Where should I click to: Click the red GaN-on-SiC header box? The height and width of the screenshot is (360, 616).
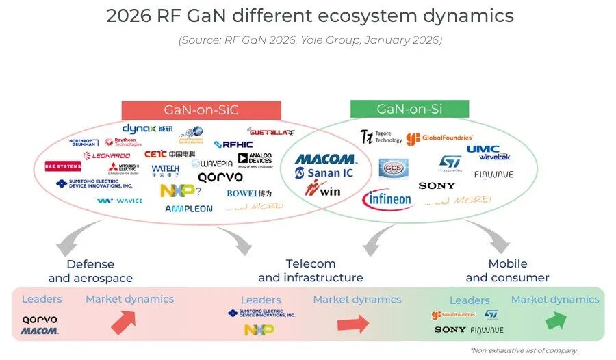pos(201,110)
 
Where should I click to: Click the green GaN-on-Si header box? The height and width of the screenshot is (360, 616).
pos(409,109)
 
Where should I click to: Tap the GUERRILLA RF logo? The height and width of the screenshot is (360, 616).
pos(272,131)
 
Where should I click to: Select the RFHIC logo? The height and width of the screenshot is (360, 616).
pos(233,144)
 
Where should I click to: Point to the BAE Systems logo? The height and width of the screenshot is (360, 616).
pos(63,166)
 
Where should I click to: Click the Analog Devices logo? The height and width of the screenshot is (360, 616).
pos(255,159)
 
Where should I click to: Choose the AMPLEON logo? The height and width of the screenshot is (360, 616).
pos(189,209)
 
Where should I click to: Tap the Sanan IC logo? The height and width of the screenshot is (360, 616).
pos(324,173)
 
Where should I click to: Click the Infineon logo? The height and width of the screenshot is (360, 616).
pos(387,200)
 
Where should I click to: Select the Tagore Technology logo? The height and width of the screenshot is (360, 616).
pos(381,137)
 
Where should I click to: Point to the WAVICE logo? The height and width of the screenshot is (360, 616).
pos(120,201)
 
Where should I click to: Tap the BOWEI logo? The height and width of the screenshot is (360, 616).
pos(249,193)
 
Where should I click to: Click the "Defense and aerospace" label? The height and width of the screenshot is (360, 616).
pos(90,271)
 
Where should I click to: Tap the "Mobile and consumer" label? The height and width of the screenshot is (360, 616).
pos(507,270)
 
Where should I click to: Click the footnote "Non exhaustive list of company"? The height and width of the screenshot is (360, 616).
pos(523,350)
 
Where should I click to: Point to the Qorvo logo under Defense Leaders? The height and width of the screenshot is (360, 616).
pos(40,319)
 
